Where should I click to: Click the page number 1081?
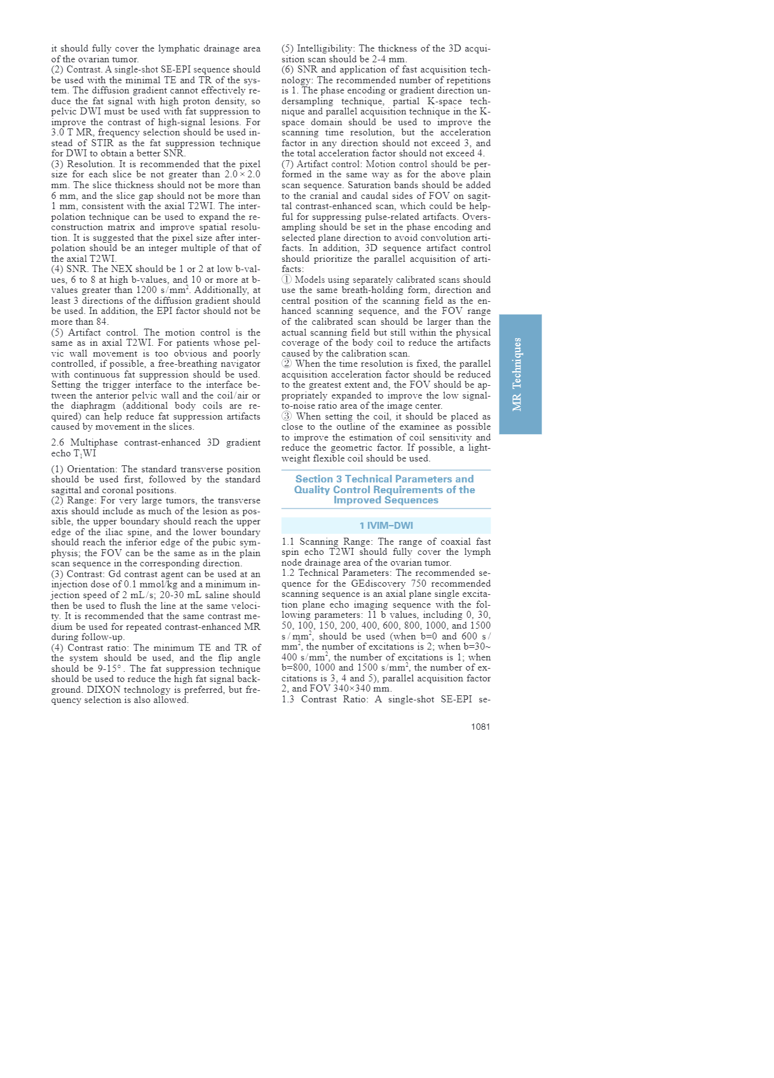pos(480,727)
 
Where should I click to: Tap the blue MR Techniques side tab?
pos(520,374)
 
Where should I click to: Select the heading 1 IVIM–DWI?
pos(386,526)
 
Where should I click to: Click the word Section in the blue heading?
pos(314,479)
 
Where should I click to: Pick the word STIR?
pos(102,143)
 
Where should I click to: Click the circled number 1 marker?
pos(287,280)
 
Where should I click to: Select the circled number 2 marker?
pos(287,364)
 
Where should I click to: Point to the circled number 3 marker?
pos(287,416)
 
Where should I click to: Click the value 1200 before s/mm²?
pos(146,290)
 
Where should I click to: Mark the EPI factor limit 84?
pos(102,322)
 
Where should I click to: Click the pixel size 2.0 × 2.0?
pos(242,175)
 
